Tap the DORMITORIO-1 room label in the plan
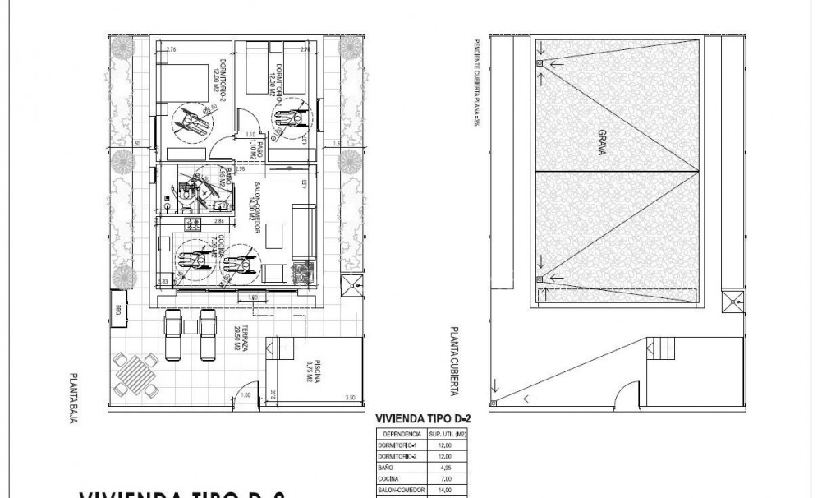[274, 80]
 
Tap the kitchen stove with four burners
[192, 223]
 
